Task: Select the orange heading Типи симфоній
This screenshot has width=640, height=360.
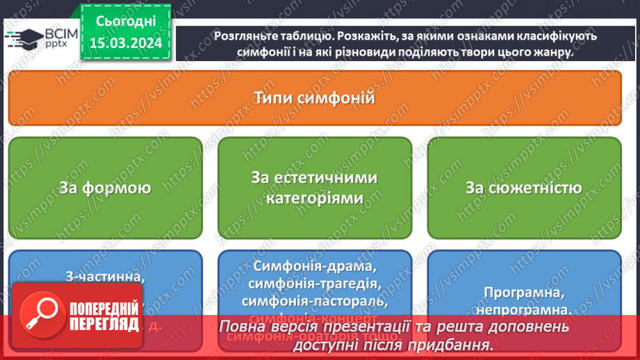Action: pyautogui.click(x=315, y=98)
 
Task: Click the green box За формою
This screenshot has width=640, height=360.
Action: pyautogui.click(x=105, y=188)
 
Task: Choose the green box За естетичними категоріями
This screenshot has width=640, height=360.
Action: pyautogui.click(x=315, y=188)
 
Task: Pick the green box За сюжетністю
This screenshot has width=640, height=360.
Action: pyautogui.click(x=524, y=188)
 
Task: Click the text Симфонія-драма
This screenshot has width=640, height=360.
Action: pyautogui.click(x=315, y=267)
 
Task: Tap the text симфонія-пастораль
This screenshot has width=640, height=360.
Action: pyautogui.click(x=315, y=302)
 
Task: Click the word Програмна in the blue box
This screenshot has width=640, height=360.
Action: pyautogui.click(x=524, y=293)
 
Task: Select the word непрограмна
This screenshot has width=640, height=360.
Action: pyautogui.click(x=524, y=311)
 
